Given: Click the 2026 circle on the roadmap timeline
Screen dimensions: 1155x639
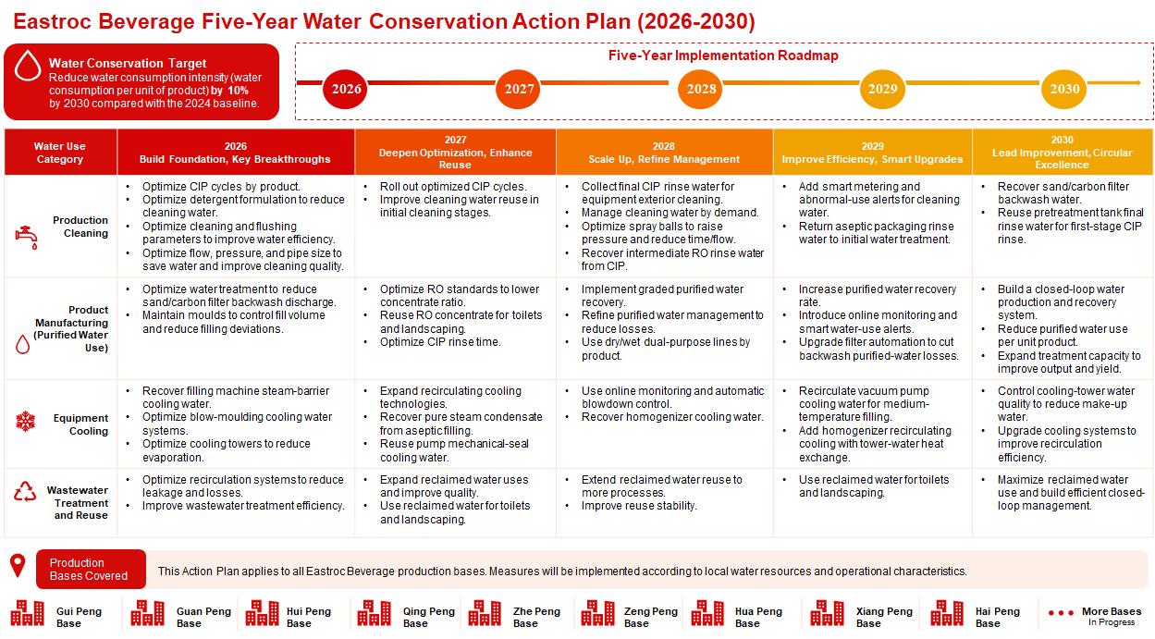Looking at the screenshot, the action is pos(346,89).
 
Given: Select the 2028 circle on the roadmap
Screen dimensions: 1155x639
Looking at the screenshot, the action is pos(700,89).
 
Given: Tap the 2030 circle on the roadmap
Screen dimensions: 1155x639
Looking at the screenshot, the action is pos(1064,89).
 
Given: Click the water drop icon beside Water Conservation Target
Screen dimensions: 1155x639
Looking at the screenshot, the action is pos(28,66).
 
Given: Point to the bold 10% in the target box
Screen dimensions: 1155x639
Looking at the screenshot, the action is pos(238,91).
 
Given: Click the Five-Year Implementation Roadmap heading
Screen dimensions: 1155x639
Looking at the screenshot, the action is pos(723,55).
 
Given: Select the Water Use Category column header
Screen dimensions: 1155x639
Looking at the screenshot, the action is pos(60,153).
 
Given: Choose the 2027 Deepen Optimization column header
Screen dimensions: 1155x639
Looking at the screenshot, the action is pos(455,153).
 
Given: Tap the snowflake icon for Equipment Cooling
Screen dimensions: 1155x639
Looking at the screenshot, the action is pos(25,422).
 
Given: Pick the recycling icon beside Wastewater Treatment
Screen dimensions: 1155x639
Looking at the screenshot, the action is pos(25,491).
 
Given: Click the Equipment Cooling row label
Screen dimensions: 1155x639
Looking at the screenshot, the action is pos(80,424).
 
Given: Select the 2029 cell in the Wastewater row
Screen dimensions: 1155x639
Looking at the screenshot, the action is pos(873,503).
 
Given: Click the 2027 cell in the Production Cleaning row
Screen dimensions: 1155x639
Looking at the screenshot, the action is pos(455,226).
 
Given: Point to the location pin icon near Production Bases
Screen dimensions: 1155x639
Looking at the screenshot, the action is pos(18,566).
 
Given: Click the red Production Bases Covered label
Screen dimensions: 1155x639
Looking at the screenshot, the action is pos(91,569).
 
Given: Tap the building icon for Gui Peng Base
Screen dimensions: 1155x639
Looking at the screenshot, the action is pos(28,613).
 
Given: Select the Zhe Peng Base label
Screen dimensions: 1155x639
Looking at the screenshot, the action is pos(536,618).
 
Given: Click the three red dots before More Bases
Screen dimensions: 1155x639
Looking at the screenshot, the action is pos(1061,613).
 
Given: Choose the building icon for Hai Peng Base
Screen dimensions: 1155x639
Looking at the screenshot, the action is pos(947,613).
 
